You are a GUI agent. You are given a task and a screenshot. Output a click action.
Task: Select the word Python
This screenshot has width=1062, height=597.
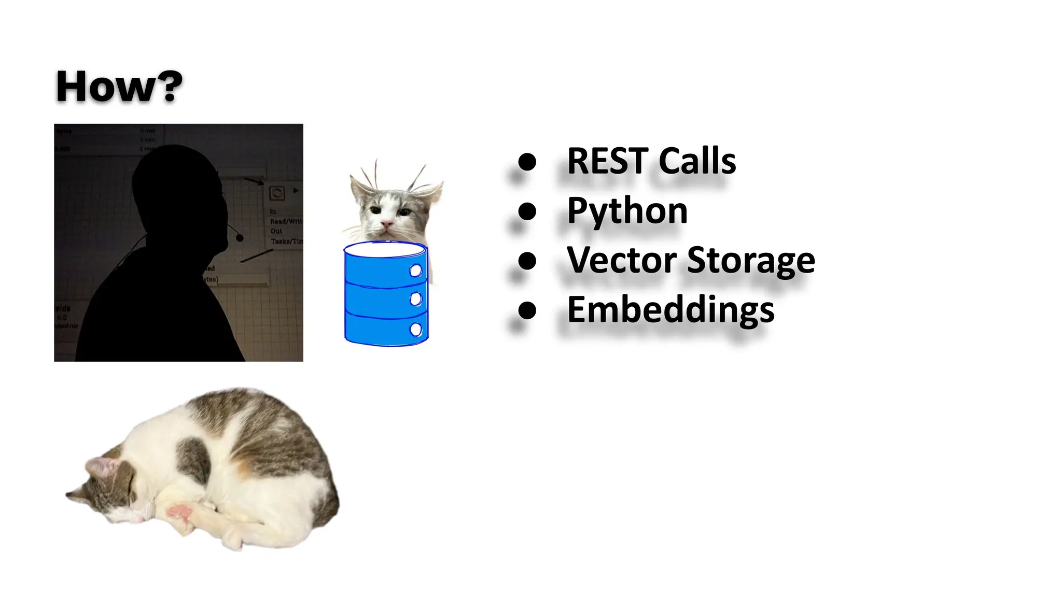627,211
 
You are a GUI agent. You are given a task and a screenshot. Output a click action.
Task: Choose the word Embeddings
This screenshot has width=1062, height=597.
670,310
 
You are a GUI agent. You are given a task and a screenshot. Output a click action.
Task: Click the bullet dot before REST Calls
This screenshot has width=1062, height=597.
527,162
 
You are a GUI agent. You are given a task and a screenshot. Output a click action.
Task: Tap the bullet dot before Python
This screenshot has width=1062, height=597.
527,211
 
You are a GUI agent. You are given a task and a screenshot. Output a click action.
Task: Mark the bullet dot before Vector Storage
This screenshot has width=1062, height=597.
527,261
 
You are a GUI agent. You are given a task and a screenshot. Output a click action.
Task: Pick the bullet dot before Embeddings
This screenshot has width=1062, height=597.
527,310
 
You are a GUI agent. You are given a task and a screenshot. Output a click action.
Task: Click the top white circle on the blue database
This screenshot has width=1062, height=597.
416,271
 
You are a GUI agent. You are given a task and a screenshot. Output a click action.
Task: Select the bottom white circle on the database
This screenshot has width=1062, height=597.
416,330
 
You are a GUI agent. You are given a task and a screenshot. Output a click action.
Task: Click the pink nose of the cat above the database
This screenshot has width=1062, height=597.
386,224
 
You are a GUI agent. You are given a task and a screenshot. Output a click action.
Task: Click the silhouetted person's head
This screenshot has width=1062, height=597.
176,181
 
